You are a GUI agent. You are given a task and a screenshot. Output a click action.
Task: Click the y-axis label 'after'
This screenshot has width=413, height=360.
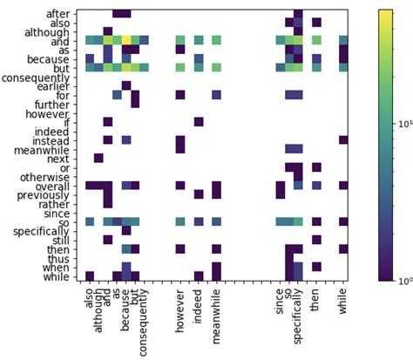click(58, 13)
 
